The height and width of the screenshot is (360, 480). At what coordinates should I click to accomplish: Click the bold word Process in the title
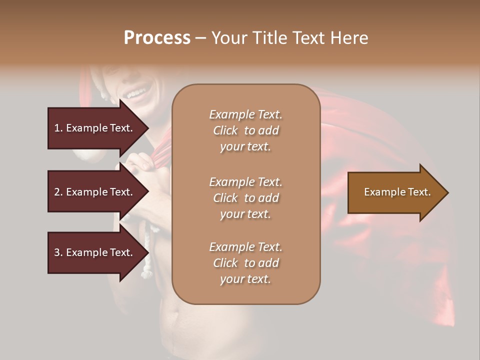pos(157,38)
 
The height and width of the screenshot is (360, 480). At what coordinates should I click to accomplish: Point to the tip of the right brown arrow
pos(447,192)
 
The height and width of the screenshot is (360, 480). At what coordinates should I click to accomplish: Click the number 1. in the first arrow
pos(58,128)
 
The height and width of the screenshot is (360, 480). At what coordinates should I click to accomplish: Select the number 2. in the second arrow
pos(58,192)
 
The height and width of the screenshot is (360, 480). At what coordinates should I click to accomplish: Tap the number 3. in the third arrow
pos(58,252)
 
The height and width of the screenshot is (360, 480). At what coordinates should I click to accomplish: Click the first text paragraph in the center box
pos(245,130)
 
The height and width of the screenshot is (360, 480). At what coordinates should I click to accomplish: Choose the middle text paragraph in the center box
pos(245,198)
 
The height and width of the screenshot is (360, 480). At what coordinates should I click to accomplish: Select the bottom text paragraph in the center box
pos(245,263)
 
